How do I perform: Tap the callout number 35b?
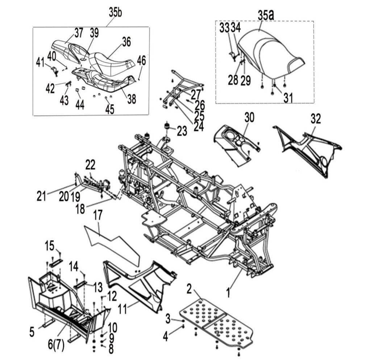[x=115, y=12]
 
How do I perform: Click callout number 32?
[x=316, y=119]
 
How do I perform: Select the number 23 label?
[x=182, y=131]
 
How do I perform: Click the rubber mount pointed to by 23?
[x=167, y=126]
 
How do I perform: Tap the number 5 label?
[x=32, y=332]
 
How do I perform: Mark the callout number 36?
[x=126, y=42]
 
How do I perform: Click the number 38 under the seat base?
[x=132, y=99]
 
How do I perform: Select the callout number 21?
[x=41, y=196]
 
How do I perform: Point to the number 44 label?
[x=80, y=105]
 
